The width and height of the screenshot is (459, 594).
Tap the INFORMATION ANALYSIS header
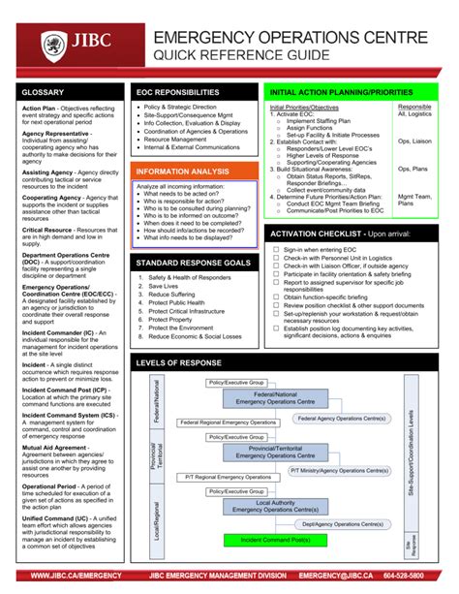[x=184, y=171]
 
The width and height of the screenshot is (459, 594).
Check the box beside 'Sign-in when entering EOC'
[x=276, y=249]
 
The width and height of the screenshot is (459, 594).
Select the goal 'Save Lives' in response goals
[x=163, y=286]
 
